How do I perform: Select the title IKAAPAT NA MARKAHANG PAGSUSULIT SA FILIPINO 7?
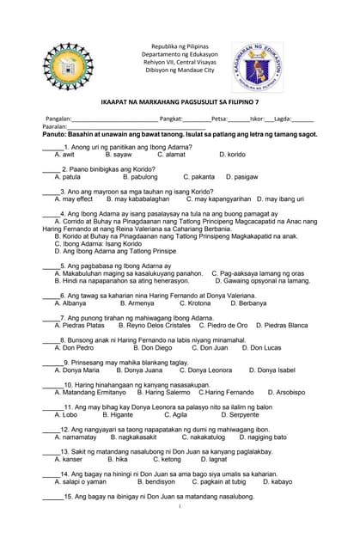(180, 101)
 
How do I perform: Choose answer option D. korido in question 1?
(232, 155)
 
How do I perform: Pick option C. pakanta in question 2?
(198, 177)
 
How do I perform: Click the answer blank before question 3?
(51, 192)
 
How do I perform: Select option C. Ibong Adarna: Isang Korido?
(98, 243)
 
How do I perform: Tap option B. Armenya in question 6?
(137, 303)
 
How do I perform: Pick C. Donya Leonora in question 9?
(204, 370)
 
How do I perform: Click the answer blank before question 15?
(51, 497)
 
